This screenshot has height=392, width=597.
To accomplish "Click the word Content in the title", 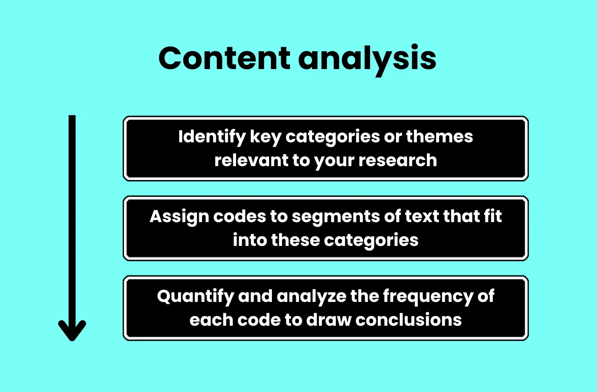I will (224, 58).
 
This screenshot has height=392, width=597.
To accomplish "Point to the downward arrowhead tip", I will (72, 339).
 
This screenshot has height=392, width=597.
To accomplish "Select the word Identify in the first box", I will (211, 137).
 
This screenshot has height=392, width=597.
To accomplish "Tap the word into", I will (250, 240).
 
